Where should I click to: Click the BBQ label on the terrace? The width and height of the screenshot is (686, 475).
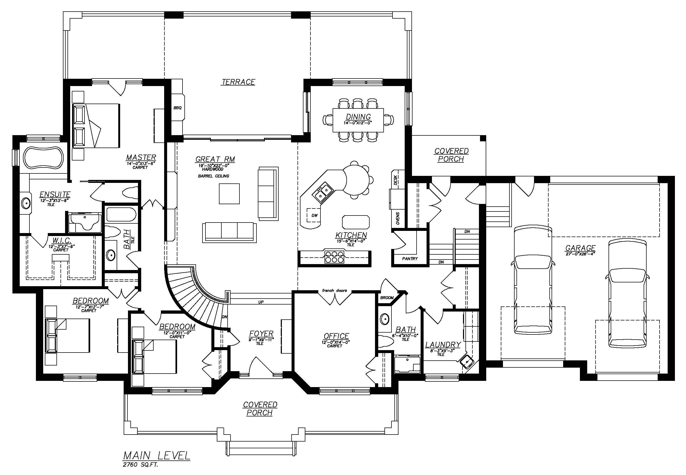coord(178,108)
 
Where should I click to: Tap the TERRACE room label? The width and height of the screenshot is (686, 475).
coord(238,82)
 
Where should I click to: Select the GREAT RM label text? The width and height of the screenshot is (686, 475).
coord(215,159)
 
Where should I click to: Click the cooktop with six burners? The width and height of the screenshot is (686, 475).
coord(334,257)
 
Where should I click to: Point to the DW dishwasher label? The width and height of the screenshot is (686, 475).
coord(315,216)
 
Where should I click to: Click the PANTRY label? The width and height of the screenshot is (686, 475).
coord(410,259)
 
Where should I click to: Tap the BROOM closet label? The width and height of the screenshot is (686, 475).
coord(387,297)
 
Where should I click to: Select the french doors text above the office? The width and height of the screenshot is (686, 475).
coord(334,291)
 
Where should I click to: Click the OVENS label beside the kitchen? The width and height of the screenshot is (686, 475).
coord(398,219)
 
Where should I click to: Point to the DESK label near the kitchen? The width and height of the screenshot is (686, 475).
coord(396,180)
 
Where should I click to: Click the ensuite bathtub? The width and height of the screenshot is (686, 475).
coord(43,159)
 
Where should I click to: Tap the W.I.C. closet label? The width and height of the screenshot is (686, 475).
coord(61,240)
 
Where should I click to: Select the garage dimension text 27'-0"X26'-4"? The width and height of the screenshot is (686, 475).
coord(580,254)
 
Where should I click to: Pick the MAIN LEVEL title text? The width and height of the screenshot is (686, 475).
coord(157,455)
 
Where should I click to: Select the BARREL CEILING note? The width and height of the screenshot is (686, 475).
coord(214,176)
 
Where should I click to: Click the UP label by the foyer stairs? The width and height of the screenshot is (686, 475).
coord(261,302)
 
